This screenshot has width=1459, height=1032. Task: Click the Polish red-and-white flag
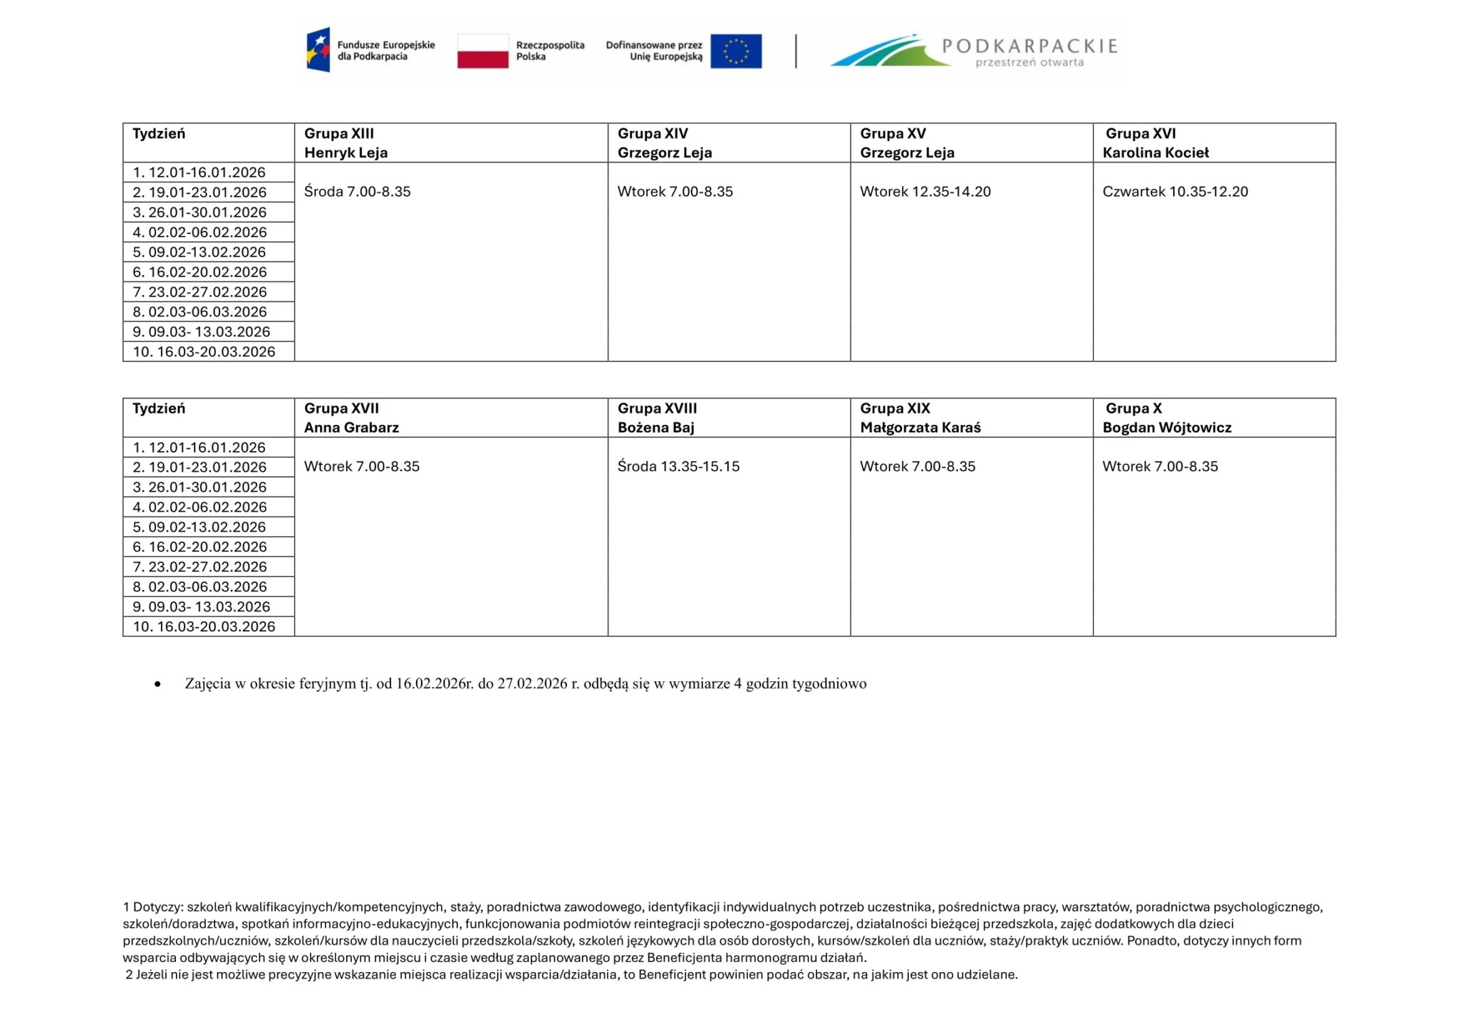click(482, 51)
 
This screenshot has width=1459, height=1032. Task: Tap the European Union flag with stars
click(736, 51)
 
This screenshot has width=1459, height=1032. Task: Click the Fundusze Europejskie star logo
click(318, 50)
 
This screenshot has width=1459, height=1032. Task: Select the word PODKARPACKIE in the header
click(1029, 46)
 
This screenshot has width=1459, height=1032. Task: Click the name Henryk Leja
click(346, 153)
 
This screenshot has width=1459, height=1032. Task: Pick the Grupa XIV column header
click(653, 133)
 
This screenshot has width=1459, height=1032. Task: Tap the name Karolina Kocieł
click(1156, 153)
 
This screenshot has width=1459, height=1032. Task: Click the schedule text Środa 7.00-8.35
click(357, 192)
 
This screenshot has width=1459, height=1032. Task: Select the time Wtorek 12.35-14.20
click(925, 192)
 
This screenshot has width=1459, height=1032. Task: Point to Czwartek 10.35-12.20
click(1175, 192)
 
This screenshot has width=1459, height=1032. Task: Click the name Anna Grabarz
click(351, 428)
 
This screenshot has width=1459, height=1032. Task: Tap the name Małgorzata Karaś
click(920, 428)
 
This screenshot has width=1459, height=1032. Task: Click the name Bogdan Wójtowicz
click(1167, 428)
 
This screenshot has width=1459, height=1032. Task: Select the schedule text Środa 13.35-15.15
click(678, 467)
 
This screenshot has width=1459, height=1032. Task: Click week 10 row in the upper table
click(204, 352)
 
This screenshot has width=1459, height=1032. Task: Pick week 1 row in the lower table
click(199, 448)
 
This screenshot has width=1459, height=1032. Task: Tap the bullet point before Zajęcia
click(157, 684)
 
